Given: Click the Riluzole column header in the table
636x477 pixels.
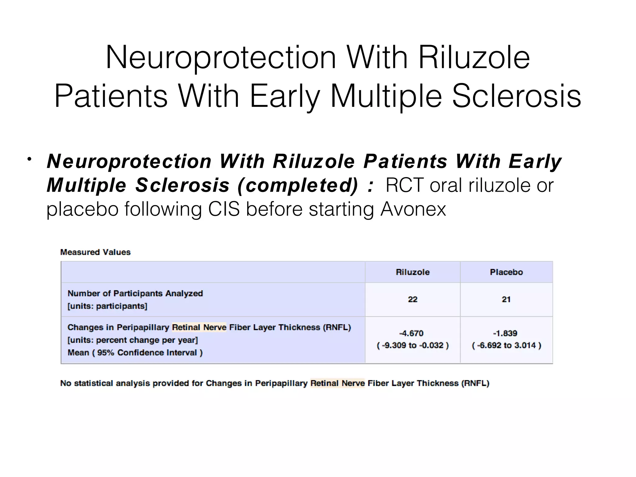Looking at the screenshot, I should [x=412, y=272].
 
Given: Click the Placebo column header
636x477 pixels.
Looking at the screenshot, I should [x=506, y=272].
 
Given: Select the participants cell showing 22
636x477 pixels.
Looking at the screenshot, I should [x=412, y=299].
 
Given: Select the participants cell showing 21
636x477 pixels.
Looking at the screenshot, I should [x=506, y=299].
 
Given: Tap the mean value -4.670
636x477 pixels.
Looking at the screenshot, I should [x=411, y=334].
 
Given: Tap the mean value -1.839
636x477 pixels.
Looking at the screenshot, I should [x=505, y=334].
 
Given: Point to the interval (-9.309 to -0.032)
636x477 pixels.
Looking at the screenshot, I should [x=413, y=346].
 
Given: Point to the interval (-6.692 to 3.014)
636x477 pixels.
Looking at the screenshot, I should [x=507, y=346].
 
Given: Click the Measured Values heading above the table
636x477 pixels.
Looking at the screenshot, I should [x=95, y=252].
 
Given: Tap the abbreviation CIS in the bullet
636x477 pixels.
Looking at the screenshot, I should [x=224, y=209].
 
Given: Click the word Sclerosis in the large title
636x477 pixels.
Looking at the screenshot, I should [x=516, y=96].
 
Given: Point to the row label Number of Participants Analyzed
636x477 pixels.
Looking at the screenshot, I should [x=135, y=293].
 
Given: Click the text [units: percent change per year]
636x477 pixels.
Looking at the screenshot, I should [x=133, y=340].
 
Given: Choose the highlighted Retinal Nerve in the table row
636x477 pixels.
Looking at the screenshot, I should [x=199, y=327].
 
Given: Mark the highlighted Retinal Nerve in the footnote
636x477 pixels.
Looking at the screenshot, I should [x=338, y=383].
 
